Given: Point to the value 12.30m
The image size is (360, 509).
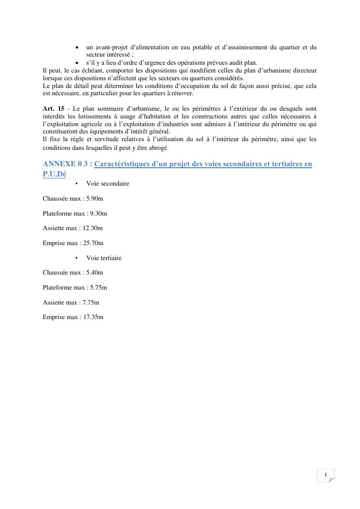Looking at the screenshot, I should pos(93,228).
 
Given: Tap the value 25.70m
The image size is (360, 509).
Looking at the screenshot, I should pos(93,243).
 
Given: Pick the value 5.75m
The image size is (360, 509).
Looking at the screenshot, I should pos(99,288).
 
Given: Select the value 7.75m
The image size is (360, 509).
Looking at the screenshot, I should pos(91,303).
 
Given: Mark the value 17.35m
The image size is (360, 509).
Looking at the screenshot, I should pos(93,318).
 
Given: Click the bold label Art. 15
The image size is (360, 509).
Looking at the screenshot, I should pos(53,109).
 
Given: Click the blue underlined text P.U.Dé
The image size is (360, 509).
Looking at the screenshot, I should pos(54,175).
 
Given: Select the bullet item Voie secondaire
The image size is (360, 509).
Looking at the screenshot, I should pos(108,184).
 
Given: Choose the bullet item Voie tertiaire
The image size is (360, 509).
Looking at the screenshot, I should pos(104,258).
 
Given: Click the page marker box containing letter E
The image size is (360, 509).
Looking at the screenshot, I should pos(326,475).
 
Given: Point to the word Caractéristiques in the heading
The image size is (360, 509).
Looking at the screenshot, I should pos(122,164).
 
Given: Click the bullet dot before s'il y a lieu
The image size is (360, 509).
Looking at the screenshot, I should pos(78,63).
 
